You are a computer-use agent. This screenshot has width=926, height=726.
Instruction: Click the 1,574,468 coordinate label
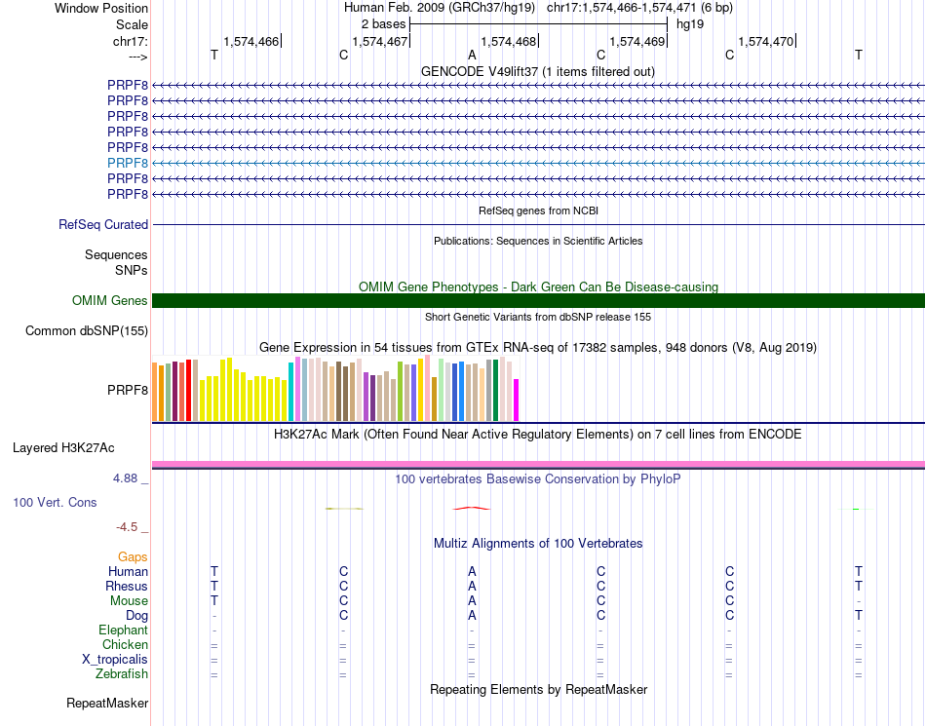click(x=508, y=41)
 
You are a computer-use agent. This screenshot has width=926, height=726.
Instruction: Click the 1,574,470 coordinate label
click(x=765, y=41)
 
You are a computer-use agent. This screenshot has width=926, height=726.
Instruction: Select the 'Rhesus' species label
click(x=127, y=587)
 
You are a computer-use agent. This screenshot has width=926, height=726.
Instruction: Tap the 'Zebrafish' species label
click(x=122, y=674)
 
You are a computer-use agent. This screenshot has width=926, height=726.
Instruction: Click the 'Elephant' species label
click(x=124, y=630)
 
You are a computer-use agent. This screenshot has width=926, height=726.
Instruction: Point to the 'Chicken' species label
click(x=126, y=645)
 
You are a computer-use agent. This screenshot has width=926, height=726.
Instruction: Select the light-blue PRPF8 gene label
click(x=128, y=163)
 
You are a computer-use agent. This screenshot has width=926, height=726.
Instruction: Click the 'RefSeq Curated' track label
click(x=103, y=225)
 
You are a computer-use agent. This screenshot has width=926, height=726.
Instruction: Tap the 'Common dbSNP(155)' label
click(x=87, y=331)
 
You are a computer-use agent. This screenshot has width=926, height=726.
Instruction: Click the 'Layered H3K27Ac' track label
click(x=63, y=448)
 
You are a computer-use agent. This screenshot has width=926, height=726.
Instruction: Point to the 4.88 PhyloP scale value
click(x=127, y=478)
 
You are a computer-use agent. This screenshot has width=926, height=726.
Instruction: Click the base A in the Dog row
click(x=472, y=616)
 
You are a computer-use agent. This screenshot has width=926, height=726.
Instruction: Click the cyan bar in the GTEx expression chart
click(x=291, y=391)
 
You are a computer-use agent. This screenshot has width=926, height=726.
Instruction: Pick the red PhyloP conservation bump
click(x=472, y=508)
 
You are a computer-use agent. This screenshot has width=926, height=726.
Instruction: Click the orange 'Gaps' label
click(x=133, y=557)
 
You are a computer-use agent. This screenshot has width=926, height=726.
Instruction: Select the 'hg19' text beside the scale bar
click(x=690, y=23)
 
